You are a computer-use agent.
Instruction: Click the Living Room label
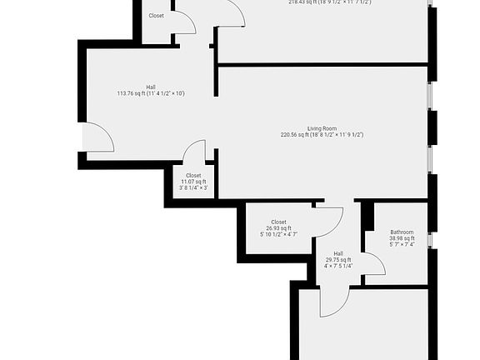[x=322, y=128]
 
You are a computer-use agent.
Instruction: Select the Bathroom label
[x=402, y=232]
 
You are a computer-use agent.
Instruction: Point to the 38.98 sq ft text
[x=402, y=238]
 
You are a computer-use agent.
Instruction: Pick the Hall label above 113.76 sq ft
[x=151, y=87]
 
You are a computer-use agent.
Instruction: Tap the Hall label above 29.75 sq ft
[x=338, y=253]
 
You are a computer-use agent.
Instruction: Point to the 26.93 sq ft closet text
[x=278, y=228]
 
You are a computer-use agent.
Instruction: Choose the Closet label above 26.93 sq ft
[x=278, y=222]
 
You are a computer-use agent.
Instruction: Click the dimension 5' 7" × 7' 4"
[x=402, y=245]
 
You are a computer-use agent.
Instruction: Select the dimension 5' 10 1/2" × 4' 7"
[x=278, y=235]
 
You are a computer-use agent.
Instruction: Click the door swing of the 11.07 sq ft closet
[x=195, y=152]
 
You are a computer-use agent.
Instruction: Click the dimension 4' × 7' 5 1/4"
[x=338, y=267]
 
